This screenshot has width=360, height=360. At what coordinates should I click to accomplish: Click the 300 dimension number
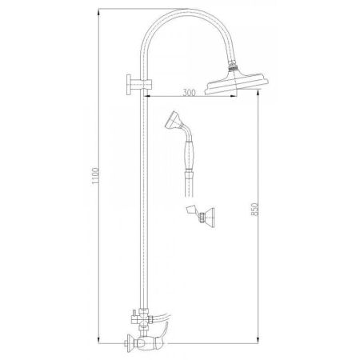[189, 94]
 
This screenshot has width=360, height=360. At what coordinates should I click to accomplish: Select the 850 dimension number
[254, 210]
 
